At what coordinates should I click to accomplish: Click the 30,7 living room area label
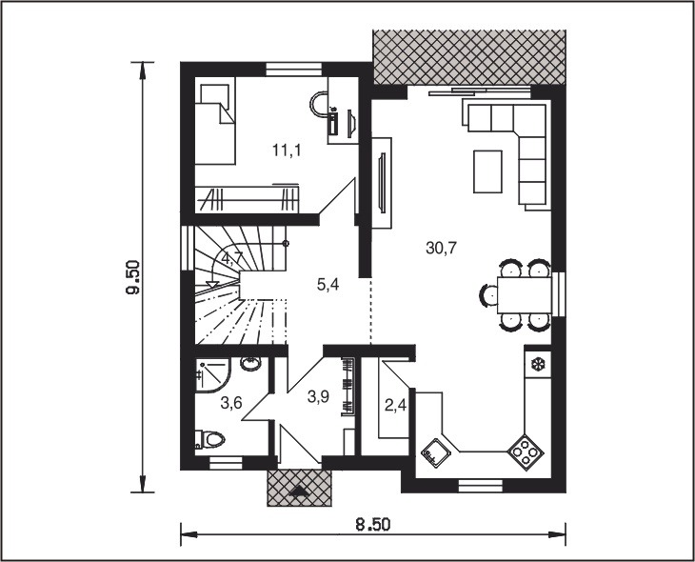pos(441,249)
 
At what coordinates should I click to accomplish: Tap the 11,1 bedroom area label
pos(287,151)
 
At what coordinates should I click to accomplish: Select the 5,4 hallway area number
pos(328,285)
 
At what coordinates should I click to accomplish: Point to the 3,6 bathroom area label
pos(231,403)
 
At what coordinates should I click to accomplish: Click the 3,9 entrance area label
pos(318,396)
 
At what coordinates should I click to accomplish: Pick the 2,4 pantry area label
pos(395,405)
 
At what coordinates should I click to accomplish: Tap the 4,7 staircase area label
pos(232,258)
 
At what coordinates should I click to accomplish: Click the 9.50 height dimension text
pos(133,277)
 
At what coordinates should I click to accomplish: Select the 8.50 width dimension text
pos(373,525)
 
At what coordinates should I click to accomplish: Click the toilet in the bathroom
pos(210,439)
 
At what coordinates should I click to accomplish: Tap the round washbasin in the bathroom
pos(251,364)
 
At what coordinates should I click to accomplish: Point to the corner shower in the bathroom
pos(212,375)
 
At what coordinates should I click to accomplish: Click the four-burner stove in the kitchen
pos(526,452)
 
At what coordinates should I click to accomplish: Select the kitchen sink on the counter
pos(437,453)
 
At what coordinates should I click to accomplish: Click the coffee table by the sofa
pos(488,171)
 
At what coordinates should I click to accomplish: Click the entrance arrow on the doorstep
pos(300,491)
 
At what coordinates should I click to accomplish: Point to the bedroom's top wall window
pos(293,70)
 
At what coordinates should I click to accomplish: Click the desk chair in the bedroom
pos(318,104)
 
